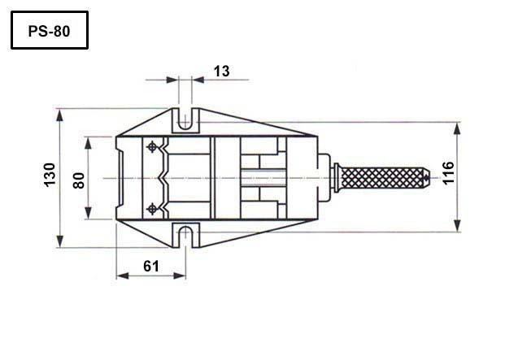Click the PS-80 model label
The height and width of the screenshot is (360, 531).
tap(49, 31)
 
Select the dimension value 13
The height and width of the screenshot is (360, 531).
tap(222, 72)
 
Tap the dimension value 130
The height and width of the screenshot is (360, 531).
tap(50, 175)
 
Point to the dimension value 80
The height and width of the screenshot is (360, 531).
tap(79, 180)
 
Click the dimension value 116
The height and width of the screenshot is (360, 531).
tap(448, 173)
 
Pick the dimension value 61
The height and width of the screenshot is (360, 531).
tap(151, 267)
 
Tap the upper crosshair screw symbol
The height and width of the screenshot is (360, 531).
tap(152, 147)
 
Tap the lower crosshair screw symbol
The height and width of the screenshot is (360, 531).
tap(152, 209)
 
